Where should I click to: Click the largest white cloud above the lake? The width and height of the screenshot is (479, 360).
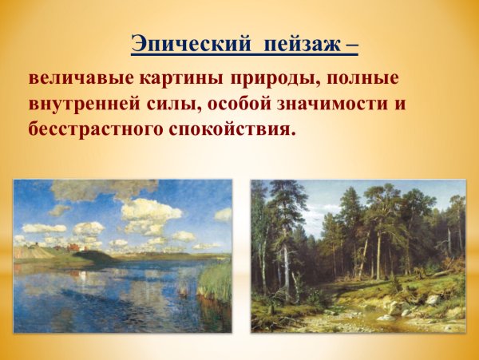149,211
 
